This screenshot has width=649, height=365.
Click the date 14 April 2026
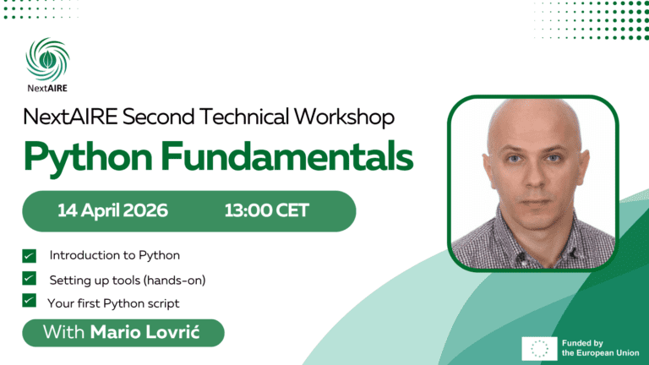pos(112,210)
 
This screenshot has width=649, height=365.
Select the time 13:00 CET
pos(266,210)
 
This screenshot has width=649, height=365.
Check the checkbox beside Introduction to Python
pos(30,255)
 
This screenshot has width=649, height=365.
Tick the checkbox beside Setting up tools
pos(30,278)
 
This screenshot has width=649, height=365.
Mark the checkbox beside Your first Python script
pos(30,301)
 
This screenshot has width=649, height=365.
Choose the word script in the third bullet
pos(162,302)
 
